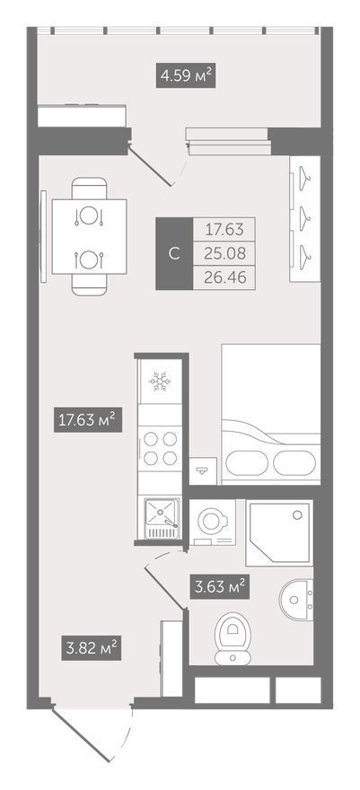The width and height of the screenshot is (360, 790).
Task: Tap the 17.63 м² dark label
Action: point(89,420)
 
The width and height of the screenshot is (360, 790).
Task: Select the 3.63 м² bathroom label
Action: point(220,586)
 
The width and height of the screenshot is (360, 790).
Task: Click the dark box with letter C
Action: point(174,253)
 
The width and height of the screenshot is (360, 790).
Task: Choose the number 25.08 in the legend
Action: point(224,253)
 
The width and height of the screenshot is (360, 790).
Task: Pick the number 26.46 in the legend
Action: point(224,277)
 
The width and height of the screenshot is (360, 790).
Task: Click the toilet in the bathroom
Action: point(233,638)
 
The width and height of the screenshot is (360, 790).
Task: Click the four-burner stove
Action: point(160,448)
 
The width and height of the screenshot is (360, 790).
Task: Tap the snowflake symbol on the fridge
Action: point(160,382)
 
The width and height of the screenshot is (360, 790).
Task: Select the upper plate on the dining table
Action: point(89,216)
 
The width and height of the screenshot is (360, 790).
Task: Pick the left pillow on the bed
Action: point(246,462)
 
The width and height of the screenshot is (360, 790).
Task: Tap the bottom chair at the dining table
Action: point(89,285)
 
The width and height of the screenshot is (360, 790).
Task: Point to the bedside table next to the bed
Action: point(203,471)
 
